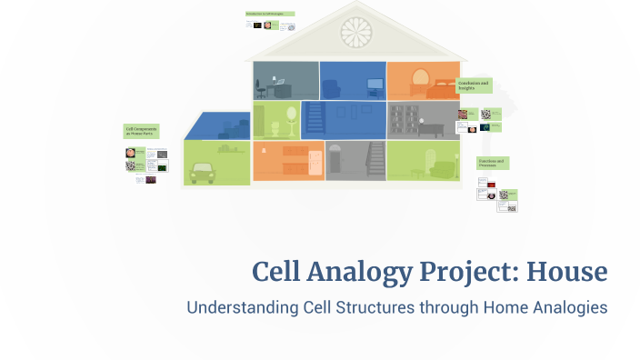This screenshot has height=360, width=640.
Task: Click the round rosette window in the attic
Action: (x=355, y=32)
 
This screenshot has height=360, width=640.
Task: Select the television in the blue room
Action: (x=374, y=86)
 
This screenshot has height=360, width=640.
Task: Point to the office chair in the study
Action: (x=261, y=88)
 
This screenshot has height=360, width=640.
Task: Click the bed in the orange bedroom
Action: (x=442, y=89)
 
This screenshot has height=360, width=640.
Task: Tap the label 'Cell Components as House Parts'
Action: (x=142, y=132)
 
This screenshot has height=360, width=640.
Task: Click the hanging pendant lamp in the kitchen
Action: (x=265, y=148)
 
